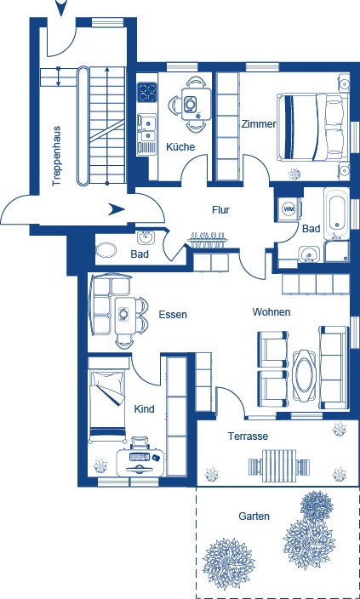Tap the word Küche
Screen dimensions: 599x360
tap(180, 147)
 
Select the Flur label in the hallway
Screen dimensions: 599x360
tap(221, 209)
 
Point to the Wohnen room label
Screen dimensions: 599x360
tap(271, 312)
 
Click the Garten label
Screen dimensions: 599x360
tap(254, 516)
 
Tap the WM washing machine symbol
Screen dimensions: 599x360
tap(288, 208)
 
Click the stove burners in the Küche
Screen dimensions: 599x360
tap(147, 90)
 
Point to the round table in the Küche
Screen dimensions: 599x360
tap(194, 105)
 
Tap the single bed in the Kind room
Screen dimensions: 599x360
tap(107, 392)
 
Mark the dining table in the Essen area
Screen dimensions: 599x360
tap(126, 312)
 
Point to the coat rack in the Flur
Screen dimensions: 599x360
tap(209, 237)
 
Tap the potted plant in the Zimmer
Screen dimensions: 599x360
tap(295, 173)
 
